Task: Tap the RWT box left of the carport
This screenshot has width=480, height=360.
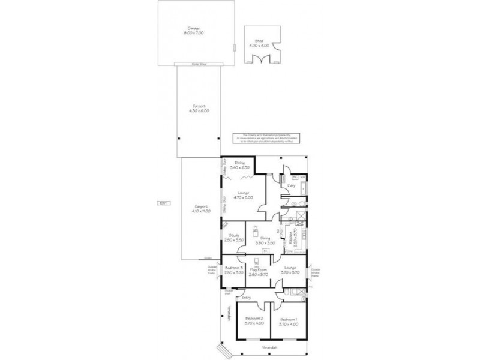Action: [162, 203]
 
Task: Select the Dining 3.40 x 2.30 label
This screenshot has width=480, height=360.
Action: [240, 164]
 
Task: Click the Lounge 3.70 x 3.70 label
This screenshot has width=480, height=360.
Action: [290, 271]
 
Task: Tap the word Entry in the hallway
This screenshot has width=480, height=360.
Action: [246, 298]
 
